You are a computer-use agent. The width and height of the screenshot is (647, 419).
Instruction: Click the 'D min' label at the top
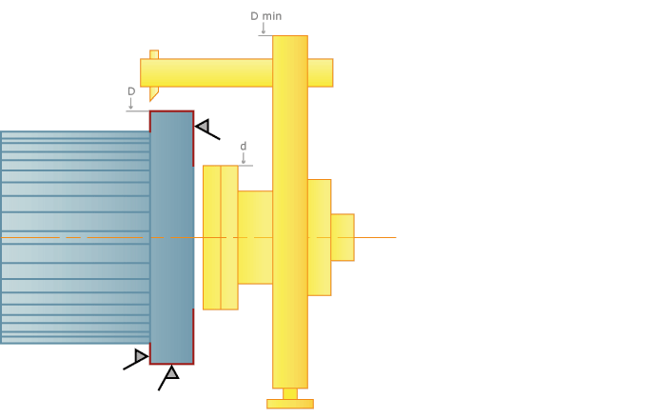[265, 16]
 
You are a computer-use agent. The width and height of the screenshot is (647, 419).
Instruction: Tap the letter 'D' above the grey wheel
[131, 91]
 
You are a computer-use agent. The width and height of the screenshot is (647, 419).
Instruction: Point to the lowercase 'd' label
[243, 146]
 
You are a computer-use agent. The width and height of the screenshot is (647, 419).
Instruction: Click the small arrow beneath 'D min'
[264, 29]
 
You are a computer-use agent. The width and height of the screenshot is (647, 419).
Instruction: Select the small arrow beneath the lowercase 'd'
[243, 158]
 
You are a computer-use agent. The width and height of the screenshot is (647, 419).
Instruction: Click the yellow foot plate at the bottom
[290, 404]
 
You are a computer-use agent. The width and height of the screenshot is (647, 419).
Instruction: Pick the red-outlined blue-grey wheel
[171, 237]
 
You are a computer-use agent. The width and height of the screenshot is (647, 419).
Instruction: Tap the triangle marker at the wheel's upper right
[203, 126]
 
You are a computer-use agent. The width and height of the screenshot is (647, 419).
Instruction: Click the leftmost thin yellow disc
[211, 237]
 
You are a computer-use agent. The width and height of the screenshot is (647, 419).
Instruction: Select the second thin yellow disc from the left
[229, 237]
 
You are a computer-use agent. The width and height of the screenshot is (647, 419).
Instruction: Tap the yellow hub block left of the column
[255, 237]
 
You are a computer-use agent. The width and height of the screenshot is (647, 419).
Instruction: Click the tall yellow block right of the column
[319, 237]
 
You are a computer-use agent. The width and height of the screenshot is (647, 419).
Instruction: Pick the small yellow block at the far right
[343, 237]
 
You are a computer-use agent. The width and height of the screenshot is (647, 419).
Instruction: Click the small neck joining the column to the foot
[290, 393]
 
